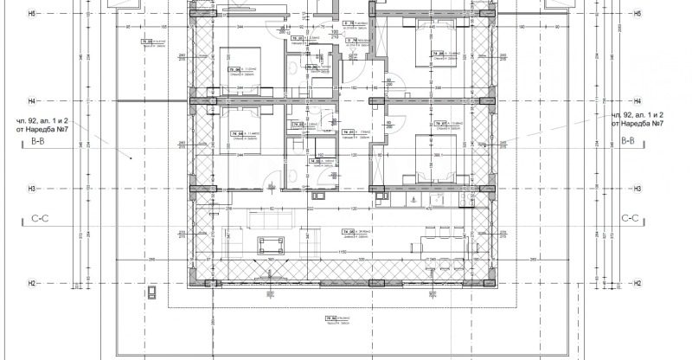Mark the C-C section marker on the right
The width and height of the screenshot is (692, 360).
click(634, 220)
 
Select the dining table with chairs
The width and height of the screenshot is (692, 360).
click(437, 234)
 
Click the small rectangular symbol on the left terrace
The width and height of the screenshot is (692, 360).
click(152, 292)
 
